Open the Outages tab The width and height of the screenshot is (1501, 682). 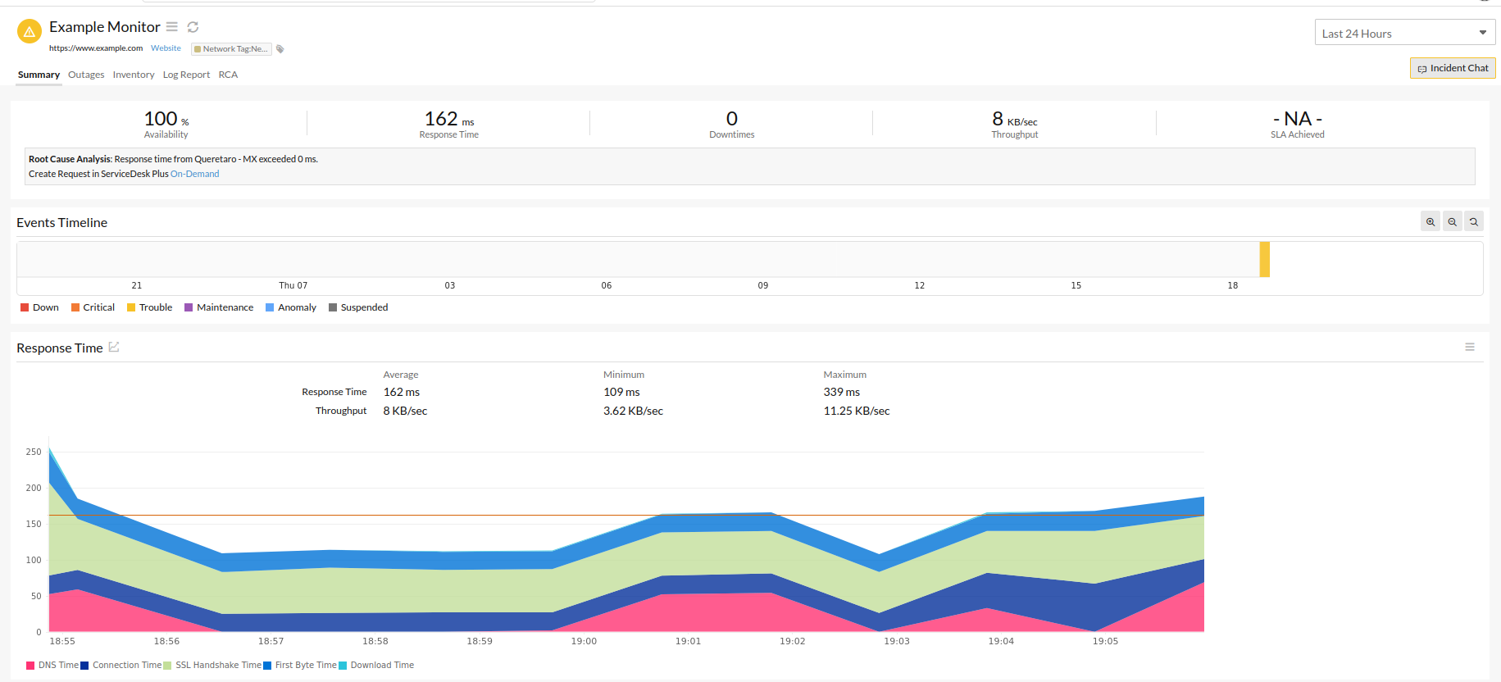tap(86, 75)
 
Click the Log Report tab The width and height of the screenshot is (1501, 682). tap(186, 75)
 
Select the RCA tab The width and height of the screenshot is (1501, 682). tap(228, 75)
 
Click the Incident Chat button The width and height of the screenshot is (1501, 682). tap(1453, 68)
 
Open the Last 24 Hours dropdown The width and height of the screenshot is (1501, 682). tap(1404, 33)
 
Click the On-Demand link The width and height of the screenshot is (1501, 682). tap(194, 174)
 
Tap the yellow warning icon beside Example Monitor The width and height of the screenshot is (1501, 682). tap(30, 32)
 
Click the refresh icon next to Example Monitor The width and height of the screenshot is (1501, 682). tap(193, 27)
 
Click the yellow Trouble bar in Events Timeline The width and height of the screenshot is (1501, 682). tap(1264, 259)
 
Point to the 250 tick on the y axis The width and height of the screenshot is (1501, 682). tap(34, 452)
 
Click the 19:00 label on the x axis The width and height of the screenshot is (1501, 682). tap(584, 641)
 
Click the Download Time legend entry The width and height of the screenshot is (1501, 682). tap(381, 665)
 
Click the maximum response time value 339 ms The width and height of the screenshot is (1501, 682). tap(841, 392)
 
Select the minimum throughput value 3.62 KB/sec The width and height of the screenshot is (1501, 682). tap(633, 411)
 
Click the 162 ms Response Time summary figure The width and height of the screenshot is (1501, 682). tap(448, 120)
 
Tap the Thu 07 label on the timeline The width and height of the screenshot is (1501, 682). tap(293, 285)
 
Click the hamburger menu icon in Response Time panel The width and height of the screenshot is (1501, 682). tap(1469, 348)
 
